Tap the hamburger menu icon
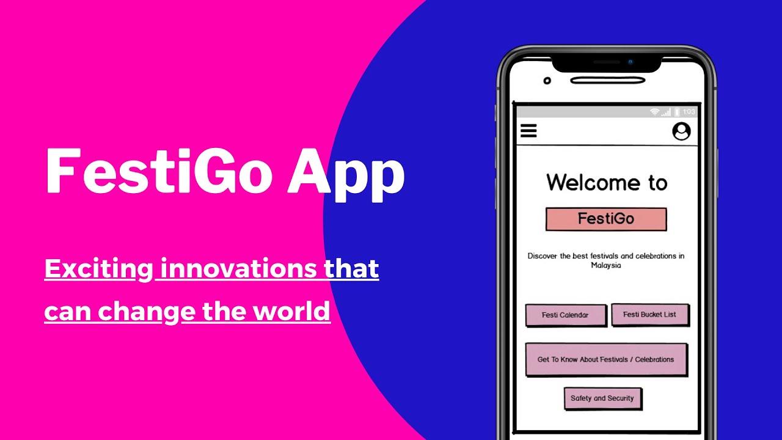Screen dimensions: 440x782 528,131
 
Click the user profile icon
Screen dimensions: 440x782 681,131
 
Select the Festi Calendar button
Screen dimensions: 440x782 565,315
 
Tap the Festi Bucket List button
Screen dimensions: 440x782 649,314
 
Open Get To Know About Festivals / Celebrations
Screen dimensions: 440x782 605,359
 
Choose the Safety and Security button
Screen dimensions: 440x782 602,398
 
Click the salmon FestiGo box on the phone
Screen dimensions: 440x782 605,219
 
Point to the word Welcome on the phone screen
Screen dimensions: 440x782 586,182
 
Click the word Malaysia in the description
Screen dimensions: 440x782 605,266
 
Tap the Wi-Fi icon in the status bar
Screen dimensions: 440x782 654,112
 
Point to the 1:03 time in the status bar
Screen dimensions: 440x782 689,112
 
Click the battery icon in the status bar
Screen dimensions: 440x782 677,112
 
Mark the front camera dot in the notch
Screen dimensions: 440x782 630,62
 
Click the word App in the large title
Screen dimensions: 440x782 346,172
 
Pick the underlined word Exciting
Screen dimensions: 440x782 98,269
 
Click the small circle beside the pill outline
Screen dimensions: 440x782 547,81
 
